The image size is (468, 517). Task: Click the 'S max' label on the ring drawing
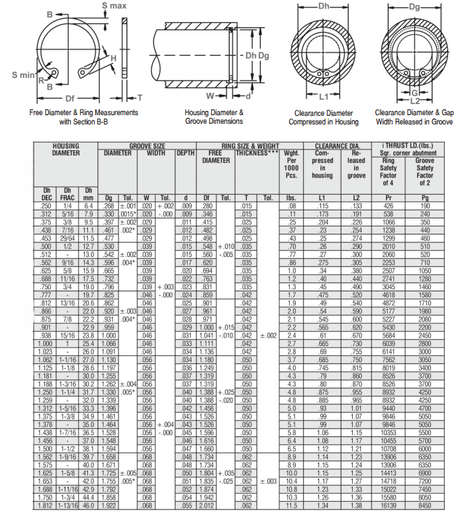click(114, 5)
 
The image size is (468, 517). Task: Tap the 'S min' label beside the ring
click(23, 74)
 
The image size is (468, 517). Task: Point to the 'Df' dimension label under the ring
click(70, 97)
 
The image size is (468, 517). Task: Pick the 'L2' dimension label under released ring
click(414, 101)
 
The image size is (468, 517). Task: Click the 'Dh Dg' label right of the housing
click(257, 55)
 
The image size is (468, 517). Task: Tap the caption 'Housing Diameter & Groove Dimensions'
click(214, 117)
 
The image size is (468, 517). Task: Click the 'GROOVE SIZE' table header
click(147, 146)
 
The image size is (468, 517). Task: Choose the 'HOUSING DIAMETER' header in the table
click(66, 149)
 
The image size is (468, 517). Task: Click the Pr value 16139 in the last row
click(389, 505)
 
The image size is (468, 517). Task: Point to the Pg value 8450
click(424, 505)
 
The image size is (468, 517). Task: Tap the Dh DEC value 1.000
click(46, 344)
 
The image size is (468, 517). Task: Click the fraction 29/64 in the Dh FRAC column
click(68, 238)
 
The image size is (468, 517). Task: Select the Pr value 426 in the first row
click(389, 206)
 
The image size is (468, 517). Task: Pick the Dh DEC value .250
click(46, 206)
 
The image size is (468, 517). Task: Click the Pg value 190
click(424, 206)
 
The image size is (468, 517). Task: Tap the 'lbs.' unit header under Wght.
click(290, 198)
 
